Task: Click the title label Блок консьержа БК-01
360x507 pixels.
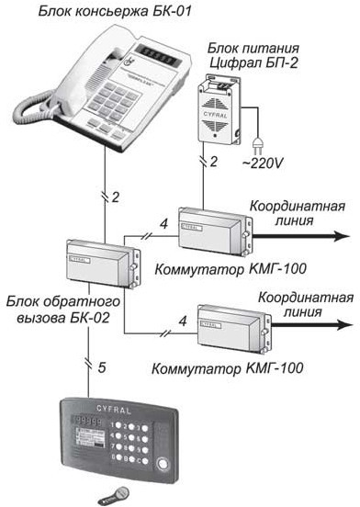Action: (x=115, y=11)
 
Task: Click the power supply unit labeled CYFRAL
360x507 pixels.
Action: (x=219, y=109)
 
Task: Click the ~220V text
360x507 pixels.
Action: (x=263, y=163)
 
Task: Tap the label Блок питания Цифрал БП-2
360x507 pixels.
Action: (x=253, y=56)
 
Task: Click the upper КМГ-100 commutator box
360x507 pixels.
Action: (x=215, y=231)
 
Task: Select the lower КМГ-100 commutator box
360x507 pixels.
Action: (x=234, y=329)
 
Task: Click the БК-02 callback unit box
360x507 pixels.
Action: (x=104, y=265)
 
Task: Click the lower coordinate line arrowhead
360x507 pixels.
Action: (x=343, y=324)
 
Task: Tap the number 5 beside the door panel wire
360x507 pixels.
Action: (x=102, y=367)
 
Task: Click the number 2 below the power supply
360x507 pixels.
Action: (x=214, y=162)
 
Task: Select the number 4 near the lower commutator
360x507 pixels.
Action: (x=183, y=321)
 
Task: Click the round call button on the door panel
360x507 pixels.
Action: (x=163, y=463)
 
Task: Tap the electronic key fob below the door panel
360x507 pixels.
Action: (x=115, y=494)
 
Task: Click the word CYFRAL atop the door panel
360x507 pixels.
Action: (x=114, y=410)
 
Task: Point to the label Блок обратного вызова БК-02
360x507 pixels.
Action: (x=63, y=310)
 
